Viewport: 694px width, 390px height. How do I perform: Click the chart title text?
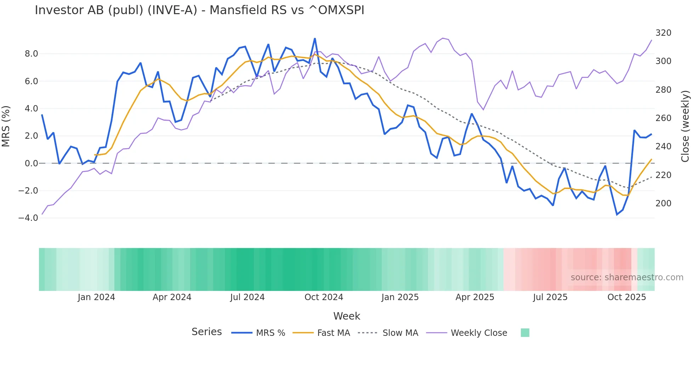point(199,10)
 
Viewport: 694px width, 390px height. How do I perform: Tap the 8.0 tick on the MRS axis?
point(31,54)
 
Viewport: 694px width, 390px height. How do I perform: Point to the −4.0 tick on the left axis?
point(28,218)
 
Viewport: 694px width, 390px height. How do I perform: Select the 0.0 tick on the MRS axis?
point(31,164)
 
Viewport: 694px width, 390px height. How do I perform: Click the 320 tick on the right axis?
point(663,33)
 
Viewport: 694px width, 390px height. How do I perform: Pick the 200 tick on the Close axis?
point(663,203)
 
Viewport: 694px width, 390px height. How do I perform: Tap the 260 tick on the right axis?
point(663,118)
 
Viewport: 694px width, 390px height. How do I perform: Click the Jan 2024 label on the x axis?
point(96,297)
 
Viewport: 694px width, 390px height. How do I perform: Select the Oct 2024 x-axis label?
point(324,297)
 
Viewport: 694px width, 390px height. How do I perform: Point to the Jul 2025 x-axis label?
point(550,297)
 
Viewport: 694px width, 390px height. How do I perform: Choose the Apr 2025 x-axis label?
point(474,297)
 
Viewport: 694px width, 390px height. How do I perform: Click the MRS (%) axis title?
point(6,126)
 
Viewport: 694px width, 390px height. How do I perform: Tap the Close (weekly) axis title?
point(686,126)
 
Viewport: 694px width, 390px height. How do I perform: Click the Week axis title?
point(347,316)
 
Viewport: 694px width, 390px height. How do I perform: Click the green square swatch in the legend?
point(525,333)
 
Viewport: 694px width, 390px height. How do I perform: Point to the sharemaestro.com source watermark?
point(627,277)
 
